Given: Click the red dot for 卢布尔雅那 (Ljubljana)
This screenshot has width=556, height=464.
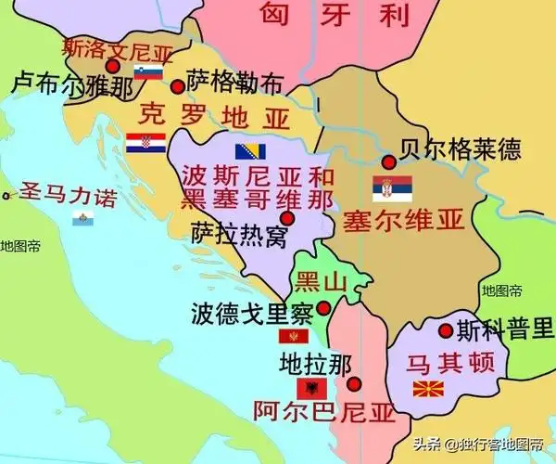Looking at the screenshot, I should pyautogui.click(x=112, y=66).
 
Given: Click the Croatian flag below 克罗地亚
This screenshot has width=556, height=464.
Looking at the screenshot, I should pyautogui.click(x=145, y=144).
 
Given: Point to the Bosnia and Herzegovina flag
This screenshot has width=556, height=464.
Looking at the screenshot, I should pyautogui.click(x=251, y=152).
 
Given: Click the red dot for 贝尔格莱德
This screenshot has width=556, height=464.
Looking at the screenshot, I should pyautogui.click(x=389, y=161).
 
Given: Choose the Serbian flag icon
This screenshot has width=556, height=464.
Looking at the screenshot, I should pyautogui.click(x=385, y=188).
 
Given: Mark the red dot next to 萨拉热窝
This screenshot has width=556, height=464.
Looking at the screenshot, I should pyautogui.click(x=286, y=218).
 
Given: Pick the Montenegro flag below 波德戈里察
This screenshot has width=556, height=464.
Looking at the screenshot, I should pyautogui.click(x=296, y=336).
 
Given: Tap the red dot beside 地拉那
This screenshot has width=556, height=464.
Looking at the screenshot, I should pyautogui.click(x=354, y=383).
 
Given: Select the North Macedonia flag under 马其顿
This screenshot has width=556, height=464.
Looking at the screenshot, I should pyautogui.click(x=426, y=388).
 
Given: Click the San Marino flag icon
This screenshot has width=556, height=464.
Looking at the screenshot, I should pyautogui.click(x=83, y=218).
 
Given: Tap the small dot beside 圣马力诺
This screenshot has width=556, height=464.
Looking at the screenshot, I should pyautogui.click(x=6, y=196).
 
